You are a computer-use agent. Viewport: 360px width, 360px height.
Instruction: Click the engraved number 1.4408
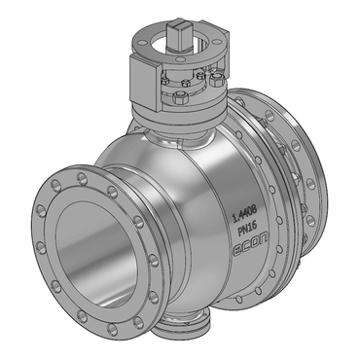(244, 214)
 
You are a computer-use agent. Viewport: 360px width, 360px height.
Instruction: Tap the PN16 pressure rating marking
(247, 231)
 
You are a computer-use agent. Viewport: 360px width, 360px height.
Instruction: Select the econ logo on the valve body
(251, 247)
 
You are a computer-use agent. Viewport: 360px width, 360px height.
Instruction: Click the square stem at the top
(179, 34)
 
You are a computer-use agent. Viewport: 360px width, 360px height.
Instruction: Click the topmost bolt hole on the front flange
(83, 178)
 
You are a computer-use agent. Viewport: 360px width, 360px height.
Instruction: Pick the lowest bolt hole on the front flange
(112, 330)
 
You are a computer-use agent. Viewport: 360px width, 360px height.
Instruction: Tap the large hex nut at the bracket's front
(178, 97)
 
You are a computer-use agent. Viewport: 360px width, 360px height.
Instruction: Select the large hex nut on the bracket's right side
(216, 79)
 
